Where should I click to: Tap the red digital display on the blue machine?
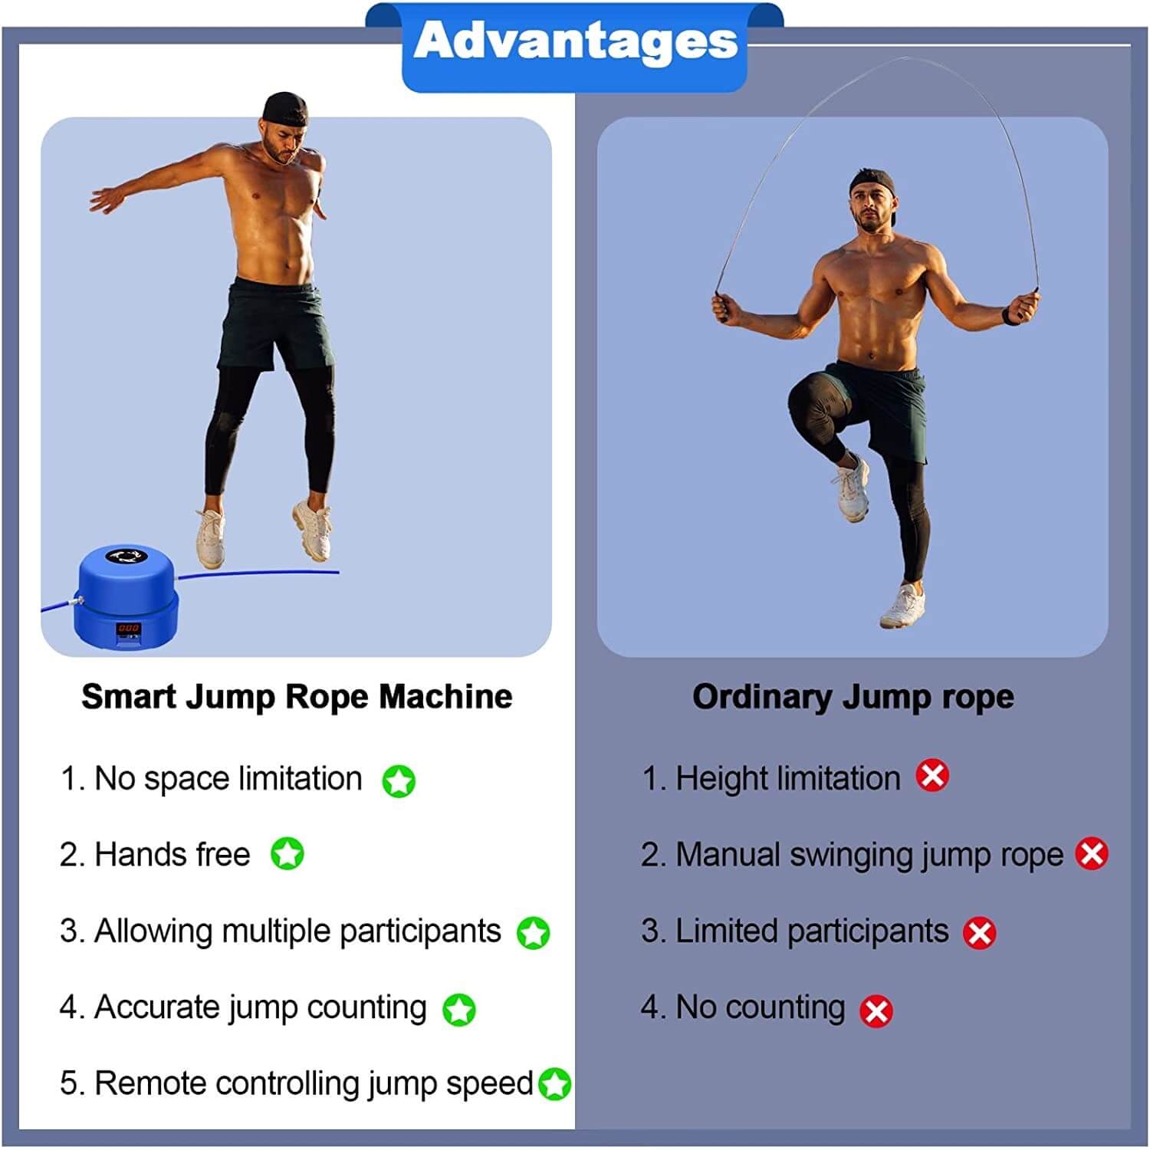128,628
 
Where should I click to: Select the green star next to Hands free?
287,853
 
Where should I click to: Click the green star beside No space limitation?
399,781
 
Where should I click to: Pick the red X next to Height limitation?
932,776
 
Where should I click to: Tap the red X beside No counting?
876,1010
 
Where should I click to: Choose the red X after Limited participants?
979,933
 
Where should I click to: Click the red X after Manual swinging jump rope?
1092,853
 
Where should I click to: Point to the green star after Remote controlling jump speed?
554,1083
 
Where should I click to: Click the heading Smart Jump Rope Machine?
297,697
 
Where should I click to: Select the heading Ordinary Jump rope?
853,697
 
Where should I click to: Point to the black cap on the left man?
285,110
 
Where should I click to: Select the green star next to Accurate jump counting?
459,1010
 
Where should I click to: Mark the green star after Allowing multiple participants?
533,932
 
